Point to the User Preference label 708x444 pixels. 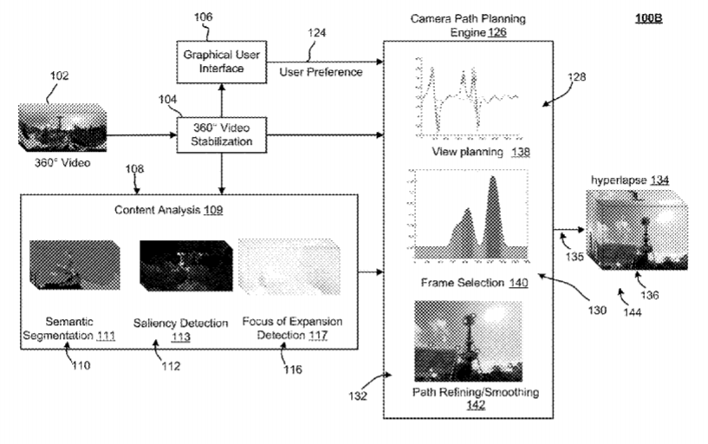(x=321, y=72)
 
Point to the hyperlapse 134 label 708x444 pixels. (x=630, y=180)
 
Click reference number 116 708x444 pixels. (x=291, y=369)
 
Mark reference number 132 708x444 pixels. (x=357, y=396)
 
